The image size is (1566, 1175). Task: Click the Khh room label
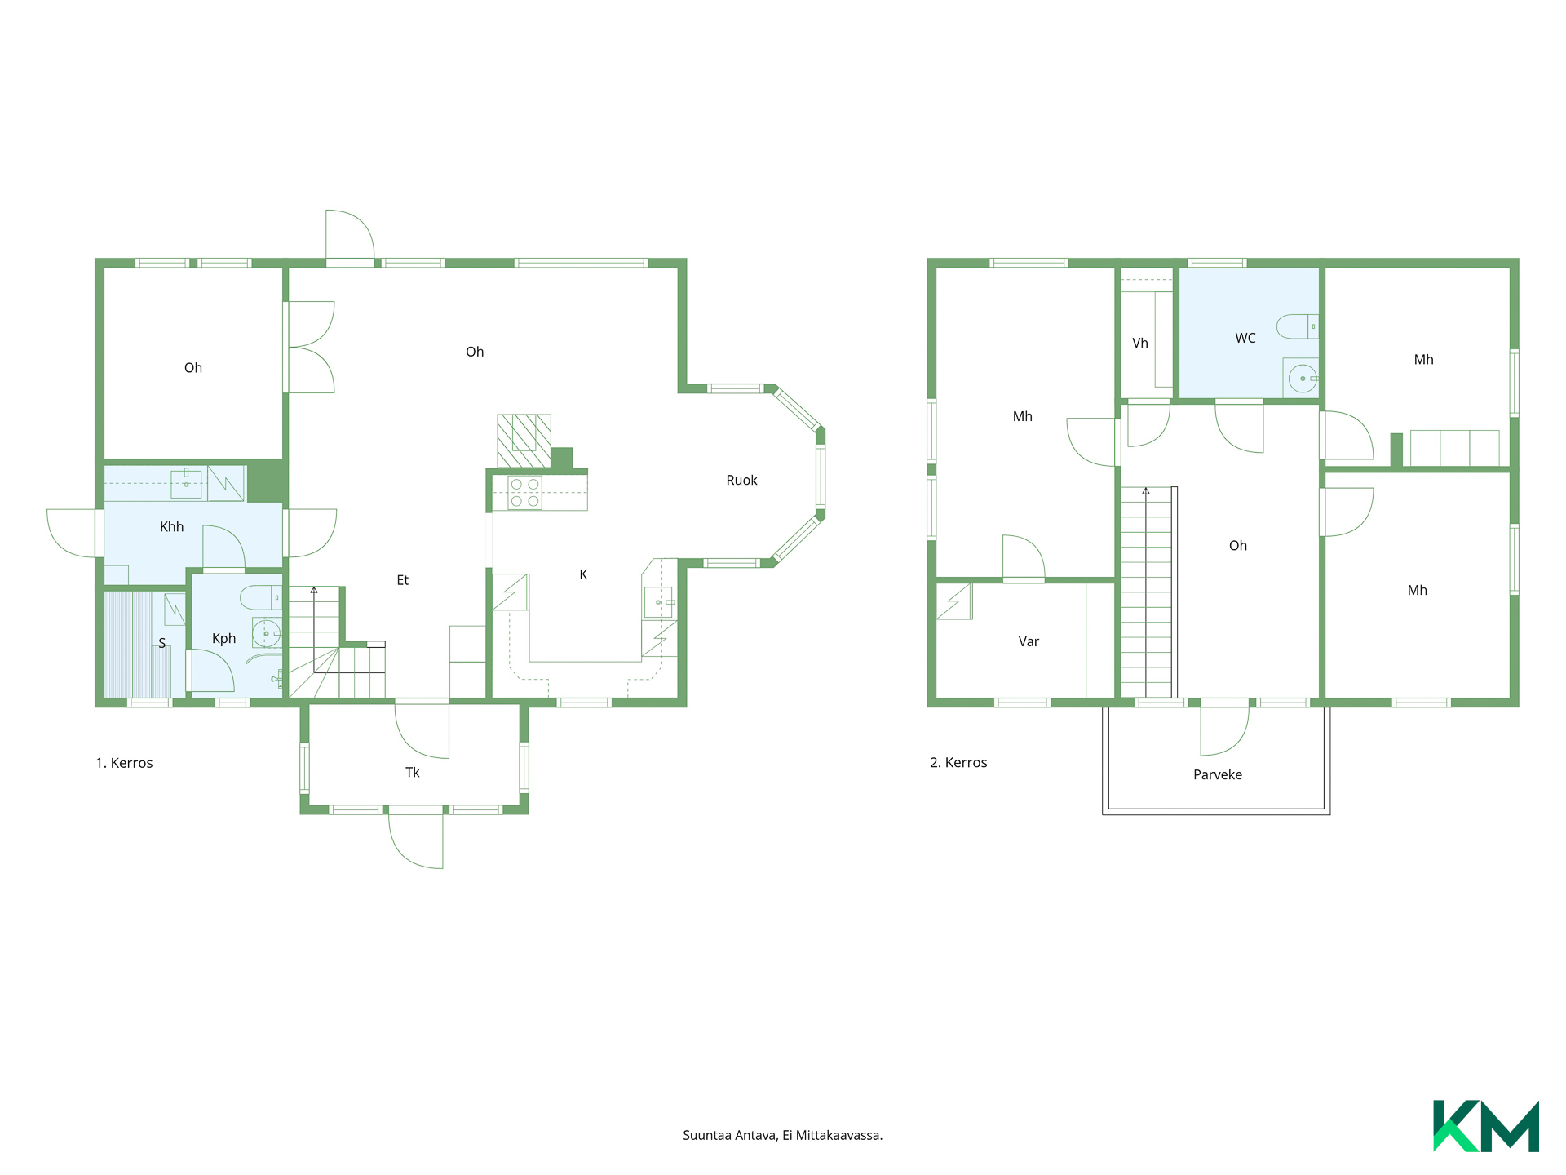[x=171, y=527]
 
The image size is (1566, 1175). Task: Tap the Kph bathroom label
[x=223, y=639]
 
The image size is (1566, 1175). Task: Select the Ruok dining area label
[x=741, y=481]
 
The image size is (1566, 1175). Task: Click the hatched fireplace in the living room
[x=524, y=441]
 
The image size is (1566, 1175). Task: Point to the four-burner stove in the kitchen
[x=524, y=493]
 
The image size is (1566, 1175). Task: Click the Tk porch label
[x=413, y=773]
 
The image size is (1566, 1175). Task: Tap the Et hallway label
[x=402, y=580]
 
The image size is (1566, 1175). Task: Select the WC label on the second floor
[x=1245, y=338]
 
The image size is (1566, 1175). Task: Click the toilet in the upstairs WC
[x=1297, y=326]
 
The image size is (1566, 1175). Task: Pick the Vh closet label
[x=1139, y=344]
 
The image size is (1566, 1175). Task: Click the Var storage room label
[x=1029, y=642]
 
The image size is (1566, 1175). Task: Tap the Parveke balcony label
[x=1218, y=775]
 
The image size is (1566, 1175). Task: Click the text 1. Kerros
[x=124, y=763]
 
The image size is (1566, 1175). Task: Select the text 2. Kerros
[x=958, y=763]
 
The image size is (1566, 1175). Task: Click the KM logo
[x=1486, y=1126]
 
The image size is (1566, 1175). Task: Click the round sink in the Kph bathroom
[x=266, y=633]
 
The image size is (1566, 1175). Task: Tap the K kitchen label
[x=583, y=575]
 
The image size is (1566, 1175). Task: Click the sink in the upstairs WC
[x=1302, y=379]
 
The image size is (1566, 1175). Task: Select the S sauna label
[x=161, y=644]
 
